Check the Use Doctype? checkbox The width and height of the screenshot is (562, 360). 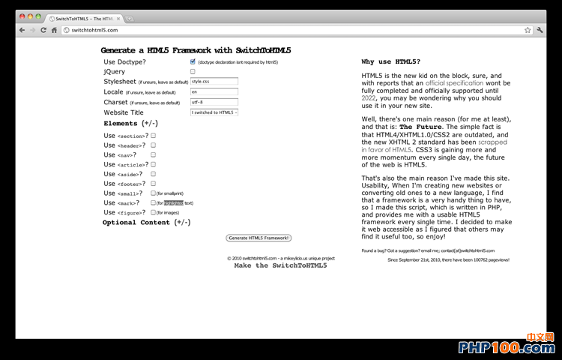193,61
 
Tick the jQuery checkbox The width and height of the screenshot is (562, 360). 193,71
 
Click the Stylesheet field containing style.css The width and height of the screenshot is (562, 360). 214,81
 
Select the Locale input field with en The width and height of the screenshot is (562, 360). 214,91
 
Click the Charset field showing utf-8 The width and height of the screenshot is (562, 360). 214,102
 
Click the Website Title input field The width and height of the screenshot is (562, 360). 214,112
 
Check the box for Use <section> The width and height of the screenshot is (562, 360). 153,136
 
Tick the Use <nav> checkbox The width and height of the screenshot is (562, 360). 153,154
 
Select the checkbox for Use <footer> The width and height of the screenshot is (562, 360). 153,183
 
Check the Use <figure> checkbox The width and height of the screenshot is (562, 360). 153,212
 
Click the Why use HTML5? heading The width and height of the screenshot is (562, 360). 390,61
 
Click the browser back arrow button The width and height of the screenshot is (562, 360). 22,30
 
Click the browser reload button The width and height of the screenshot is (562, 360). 43,30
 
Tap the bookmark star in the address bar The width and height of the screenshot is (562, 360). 528,30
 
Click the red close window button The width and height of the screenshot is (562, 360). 20,16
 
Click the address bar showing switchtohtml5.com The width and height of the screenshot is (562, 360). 292,30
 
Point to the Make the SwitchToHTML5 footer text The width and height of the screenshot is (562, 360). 280,265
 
